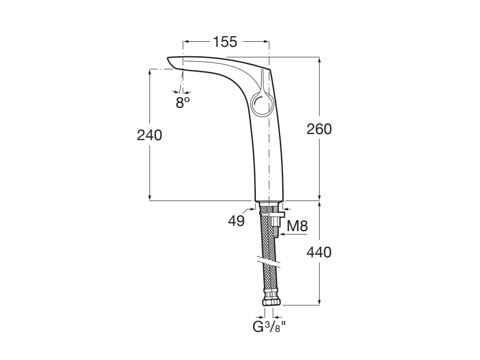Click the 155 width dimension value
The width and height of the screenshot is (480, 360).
(225, 42)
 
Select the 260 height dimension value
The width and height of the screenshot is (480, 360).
(319, 129)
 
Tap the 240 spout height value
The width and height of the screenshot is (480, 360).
(149, 135)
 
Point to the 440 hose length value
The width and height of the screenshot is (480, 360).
(319, 252)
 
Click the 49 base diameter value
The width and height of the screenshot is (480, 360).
(237, 221)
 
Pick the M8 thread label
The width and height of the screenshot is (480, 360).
(297, 226)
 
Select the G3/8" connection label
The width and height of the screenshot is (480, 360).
(269, 326)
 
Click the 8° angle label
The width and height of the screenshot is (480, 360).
(183, 103)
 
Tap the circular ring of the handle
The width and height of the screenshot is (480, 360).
(261, 104)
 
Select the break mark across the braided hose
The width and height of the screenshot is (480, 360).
(267, 262)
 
